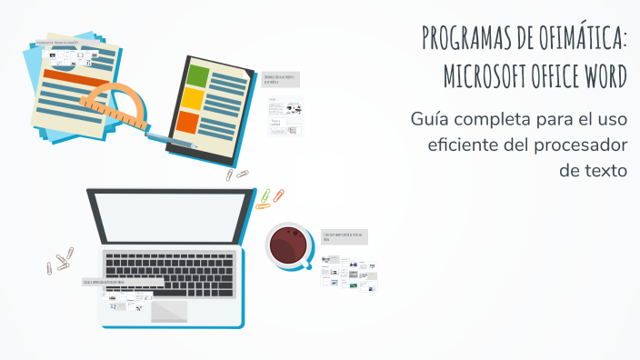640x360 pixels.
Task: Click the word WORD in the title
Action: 603,76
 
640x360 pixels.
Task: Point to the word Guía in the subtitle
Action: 430,119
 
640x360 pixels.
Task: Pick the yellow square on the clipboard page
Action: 192,98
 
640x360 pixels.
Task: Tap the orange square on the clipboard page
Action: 187,122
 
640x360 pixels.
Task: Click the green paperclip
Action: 265,195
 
